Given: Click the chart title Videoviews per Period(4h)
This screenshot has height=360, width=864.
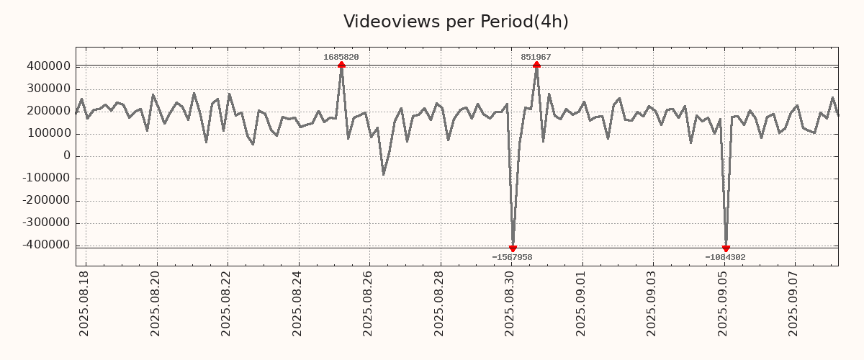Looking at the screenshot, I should (x=456, y=22).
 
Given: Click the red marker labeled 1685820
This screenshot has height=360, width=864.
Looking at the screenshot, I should (x=341, y=65).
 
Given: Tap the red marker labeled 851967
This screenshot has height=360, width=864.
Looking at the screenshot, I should (x=536, y=65).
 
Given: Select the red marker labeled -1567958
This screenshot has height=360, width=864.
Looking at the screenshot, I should (x=513, y=248).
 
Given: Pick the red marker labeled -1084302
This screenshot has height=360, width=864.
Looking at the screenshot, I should (x=726, y=248).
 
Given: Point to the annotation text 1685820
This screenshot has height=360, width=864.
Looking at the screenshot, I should (x=341, y=57).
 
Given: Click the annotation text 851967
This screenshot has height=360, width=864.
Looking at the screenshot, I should (x=536, y=57).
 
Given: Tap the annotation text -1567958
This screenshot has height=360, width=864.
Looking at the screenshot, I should (x=512, y=257).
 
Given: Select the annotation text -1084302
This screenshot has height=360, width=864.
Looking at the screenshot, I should (x=725, y=257).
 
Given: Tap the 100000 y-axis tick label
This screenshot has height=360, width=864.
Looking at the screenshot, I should (x=48, y=133).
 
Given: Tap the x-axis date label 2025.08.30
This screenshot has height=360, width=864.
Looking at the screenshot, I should (x=510, y=303).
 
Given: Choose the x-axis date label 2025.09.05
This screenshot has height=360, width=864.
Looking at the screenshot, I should (x=724, y=303).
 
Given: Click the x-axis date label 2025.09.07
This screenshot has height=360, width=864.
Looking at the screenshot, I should (x=794, y=303).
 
